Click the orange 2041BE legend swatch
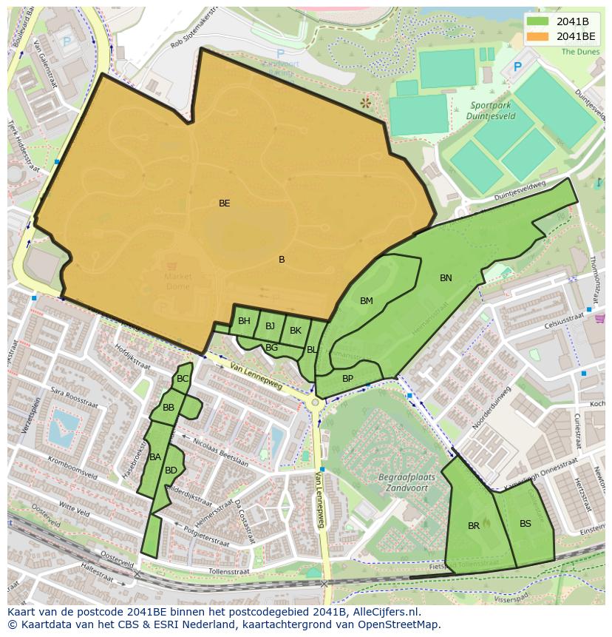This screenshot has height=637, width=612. (539, 36)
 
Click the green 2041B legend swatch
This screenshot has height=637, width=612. (539, 21)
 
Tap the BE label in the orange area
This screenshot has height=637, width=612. (224, 203)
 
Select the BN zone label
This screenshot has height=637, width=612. (446, 278)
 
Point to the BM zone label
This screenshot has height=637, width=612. (367, 300)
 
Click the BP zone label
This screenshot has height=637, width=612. (347, 378)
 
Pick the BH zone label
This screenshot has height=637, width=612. (244, 321)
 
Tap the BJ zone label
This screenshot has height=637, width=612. (270, 326)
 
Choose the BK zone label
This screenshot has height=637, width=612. (296, 331)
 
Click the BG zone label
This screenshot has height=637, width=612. (271, 347)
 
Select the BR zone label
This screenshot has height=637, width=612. (474, 526)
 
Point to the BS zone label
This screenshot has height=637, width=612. (526, 523)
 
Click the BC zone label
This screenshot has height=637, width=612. (183, 379)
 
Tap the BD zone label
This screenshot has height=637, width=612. (171, 470)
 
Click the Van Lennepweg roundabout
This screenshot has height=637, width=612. (316, 402)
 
